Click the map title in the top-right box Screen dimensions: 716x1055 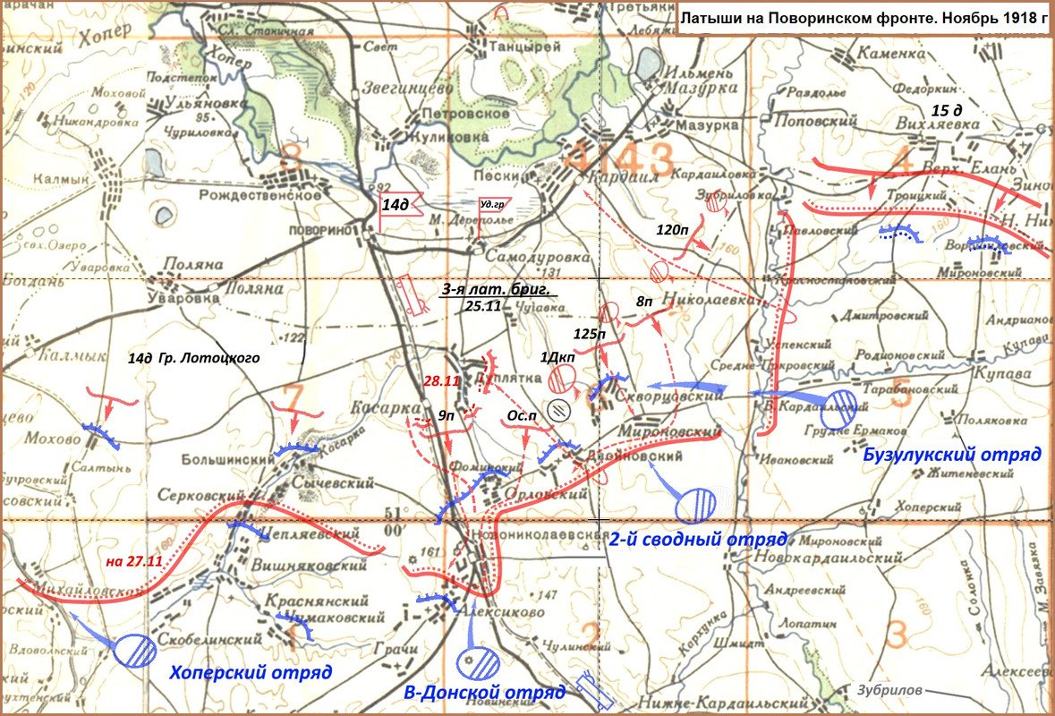pyautogui.click(x=864, y=18)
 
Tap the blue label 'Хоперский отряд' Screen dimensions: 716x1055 pyautogui.click(x=251, y=672)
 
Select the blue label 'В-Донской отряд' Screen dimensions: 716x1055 pyautogui.click(x=484, y=693)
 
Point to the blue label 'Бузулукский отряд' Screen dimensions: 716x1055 pyautogui.click(x=952, y=454)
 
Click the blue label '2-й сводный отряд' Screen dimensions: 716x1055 pyautogui.click(x=697, y=540)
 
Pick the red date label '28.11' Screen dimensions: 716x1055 pyautogui.click(x=442, y=381)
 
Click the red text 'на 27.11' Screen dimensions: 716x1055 pyautogui.click(x=132, y=561)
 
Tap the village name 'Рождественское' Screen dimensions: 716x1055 pyautogui.click(x=260, y=194)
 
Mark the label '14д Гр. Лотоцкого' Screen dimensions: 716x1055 pyautogui.click(x=193, y=358)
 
